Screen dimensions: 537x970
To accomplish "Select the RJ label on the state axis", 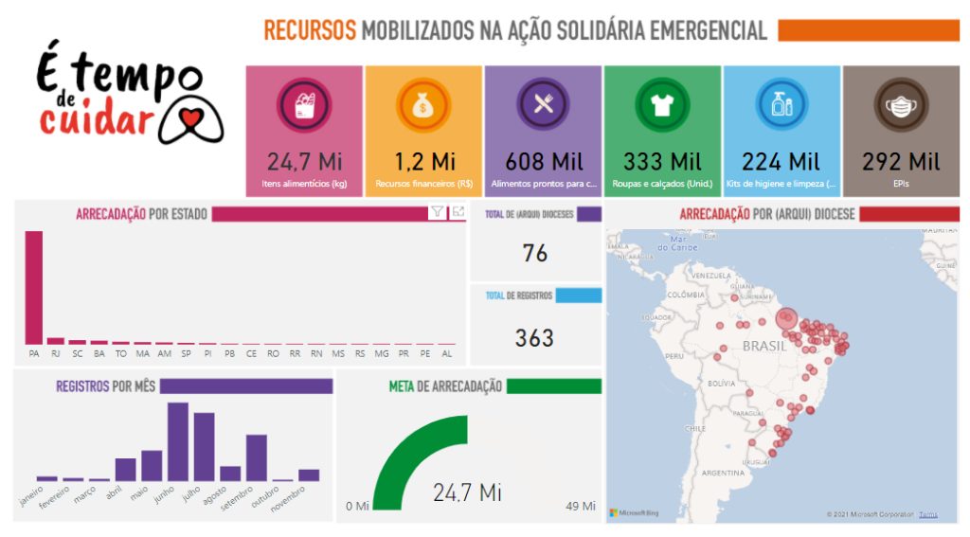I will coord(56,353).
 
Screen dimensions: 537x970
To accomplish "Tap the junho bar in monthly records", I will coord(178,441).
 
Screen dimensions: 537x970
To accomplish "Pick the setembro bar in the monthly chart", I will coord(257,457).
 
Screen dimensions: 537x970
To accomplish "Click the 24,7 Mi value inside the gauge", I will coord(467,492).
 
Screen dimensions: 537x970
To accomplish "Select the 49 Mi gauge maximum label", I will coord(579,506).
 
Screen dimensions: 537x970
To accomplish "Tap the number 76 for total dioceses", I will coord(535,253).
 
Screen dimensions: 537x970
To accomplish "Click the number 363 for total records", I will coord(534,337).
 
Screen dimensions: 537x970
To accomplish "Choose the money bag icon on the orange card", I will coord(423,104).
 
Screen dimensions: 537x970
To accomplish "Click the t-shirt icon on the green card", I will coord(662,104).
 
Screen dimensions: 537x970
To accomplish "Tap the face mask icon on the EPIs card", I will coord(901,104).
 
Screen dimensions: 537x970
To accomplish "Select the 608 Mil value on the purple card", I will coord(543,161).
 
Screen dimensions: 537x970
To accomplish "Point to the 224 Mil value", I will coord(781,161).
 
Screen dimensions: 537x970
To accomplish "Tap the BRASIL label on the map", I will coord(763,347).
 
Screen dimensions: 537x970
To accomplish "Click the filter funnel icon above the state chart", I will coord(437,212).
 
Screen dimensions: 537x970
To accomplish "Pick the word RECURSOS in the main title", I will coord(309,31).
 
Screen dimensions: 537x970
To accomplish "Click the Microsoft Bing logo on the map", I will coord(634,512).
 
